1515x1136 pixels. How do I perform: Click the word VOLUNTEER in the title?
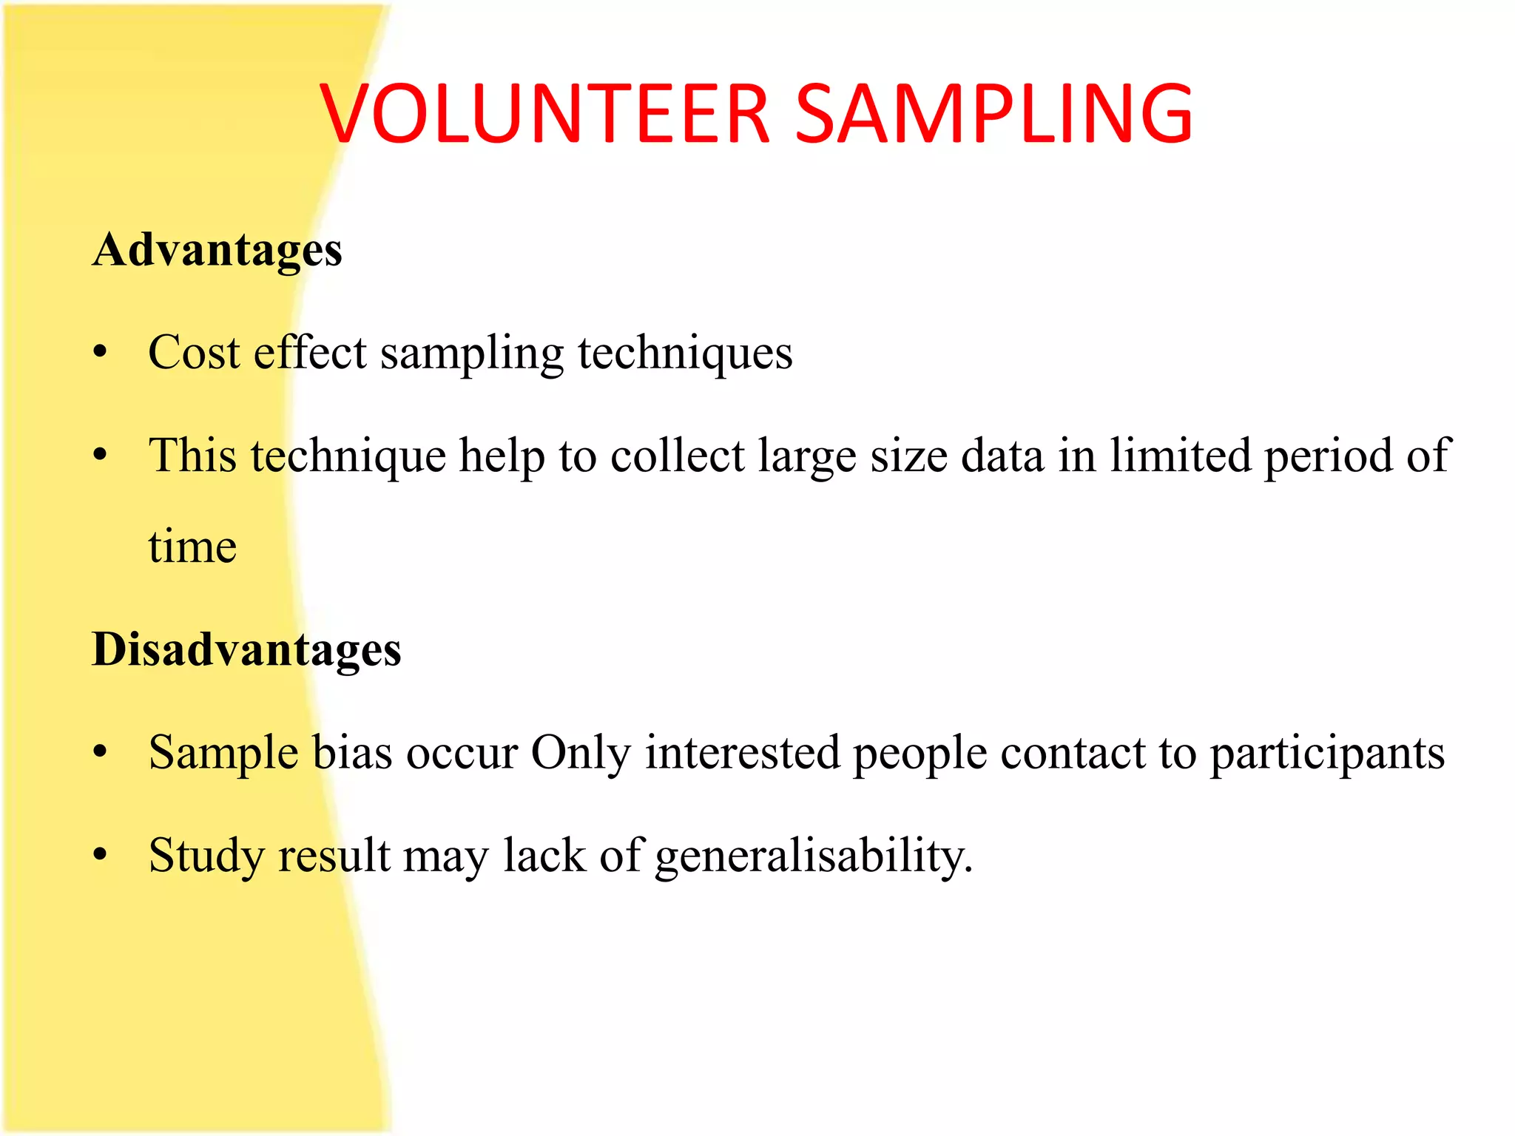[x=546, y=114]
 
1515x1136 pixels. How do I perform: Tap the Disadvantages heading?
[x=246, y=651]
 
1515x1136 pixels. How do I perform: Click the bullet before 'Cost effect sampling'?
[x=101, y=352]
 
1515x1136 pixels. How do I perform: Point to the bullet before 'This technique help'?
[x=101, y=455]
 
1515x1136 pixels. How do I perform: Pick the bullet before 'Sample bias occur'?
[x=101, y=753]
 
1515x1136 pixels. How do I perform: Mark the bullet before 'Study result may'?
[x=101, y=856]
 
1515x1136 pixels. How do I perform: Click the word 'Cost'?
[x=194, y=352]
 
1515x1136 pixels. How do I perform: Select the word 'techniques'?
[x=685, y=354]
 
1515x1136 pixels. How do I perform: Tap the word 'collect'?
[x=678, y=455]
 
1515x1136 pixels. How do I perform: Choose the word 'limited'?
[x=1180, y=455]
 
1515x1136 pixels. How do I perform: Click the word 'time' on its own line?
[x=192, y=547]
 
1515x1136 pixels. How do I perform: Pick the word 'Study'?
[x=206, y=857]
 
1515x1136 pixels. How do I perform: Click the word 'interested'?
[x=743, y=753]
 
